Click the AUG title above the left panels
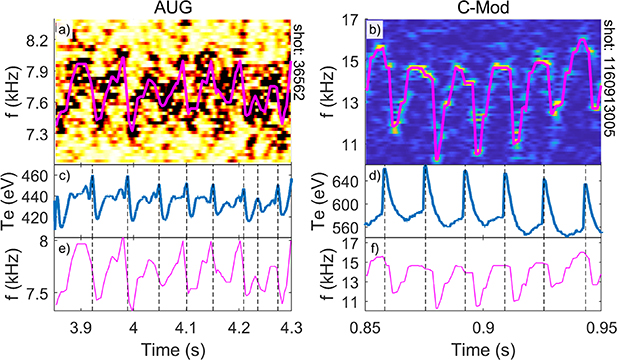coord(172,8)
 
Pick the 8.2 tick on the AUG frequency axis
coord(35,40)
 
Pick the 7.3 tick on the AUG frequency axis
coord(35,133)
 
